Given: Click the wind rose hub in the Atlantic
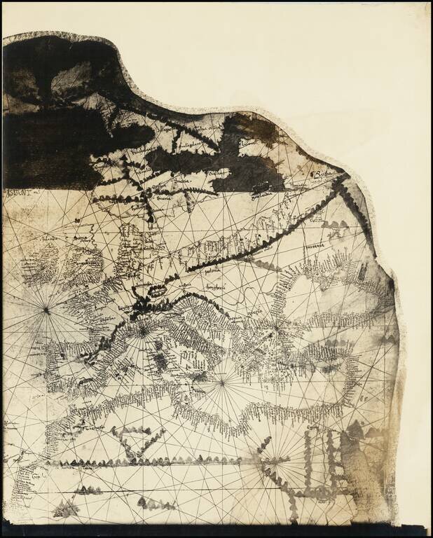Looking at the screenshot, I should click(x=46, y=308).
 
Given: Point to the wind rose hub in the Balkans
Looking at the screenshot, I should click(x=276, y=326).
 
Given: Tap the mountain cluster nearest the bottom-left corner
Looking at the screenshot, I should click(x=67, y=509).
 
